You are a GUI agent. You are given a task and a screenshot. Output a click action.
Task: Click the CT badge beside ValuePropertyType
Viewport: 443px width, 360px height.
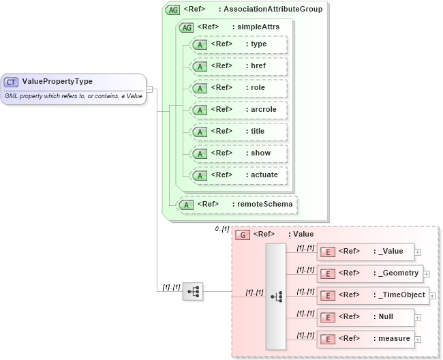point(12,82)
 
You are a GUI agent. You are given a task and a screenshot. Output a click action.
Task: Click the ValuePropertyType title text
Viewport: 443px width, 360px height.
point(57,82)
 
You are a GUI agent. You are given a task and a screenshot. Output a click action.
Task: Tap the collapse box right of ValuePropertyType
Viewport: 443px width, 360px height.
point(149,89)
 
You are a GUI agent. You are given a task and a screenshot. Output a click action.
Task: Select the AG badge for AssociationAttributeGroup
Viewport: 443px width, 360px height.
point(172,10)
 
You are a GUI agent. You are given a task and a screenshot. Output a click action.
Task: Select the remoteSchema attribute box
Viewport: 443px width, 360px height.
point(237,204)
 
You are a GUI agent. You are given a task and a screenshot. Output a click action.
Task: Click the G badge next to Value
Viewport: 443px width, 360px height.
point(242,235)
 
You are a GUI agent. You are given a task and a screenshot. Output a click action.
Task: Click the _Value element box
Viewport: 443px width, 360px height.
point(365,252)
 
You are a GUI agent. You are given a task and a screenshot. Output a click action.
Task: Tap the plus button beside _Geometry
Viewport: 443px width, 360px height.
point(426,274)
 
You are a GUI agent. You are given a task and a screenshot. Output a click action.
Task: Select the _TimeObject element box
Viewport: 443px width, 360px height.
point(371,295)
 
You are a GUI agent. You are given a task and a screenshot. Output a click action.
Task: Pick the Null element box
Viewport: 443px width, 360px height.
point(365,317)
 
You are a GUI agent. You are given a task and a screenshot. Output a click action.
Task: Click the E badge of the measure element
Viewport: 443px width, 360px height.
point(328,339)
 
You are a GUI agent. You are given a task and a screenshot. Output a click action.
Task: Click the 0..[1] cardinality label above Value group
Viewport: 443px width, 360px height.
point(221,229)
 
